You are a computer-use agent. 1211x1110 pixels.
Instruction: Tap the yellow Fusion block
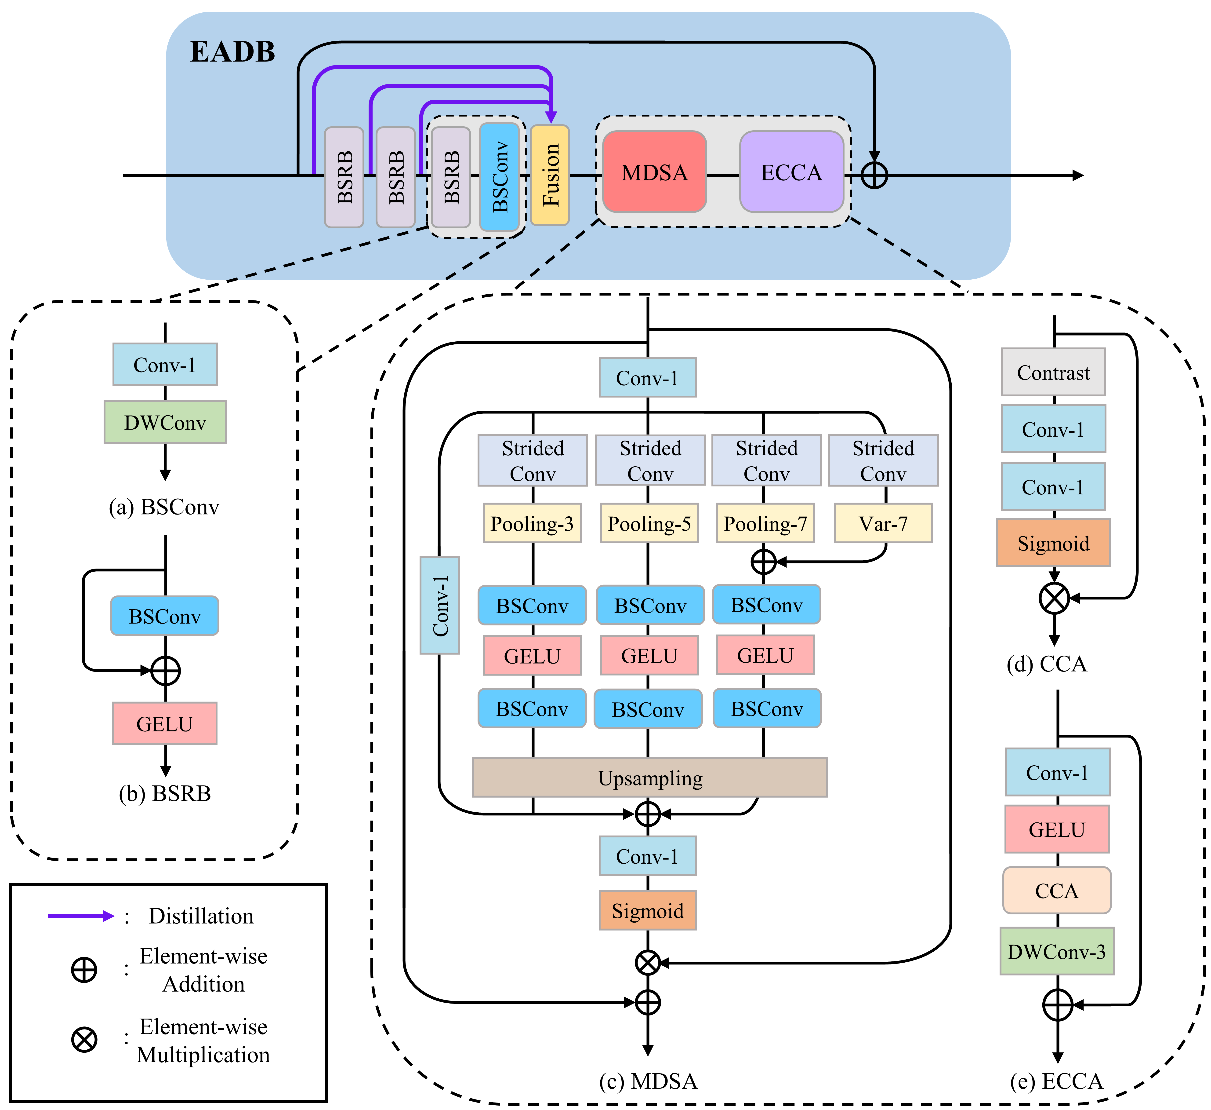coord(550,175)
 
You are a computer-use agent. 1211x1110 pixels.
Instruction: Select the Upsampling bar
coord(650,778)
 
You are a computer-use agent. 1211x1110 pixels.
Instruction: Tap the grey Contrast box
coord(1053,372)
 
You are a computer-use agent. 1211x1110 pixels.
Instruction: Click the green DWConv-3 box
coord(1057,951)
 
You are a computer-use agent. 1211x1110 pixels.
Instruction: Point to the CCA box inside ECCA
coord(1057,890)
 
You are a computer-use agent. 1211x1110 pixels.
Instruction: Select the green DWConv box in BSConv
coord(165,423)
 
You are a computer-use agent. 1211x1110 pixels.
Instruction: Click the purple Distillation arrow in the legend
coord(81,916)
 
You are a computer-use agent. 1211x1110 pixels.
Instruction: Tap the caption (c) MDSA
coord(648,1081)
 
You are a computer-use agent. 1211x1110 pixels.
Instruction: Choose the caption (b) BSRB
coord(165,793)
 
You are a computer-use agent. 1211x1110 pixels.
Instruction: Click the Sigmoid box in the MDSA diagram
coord(648,910)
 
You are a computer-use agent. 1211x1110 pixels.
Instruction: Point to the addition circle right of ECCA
coord(874,175)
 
